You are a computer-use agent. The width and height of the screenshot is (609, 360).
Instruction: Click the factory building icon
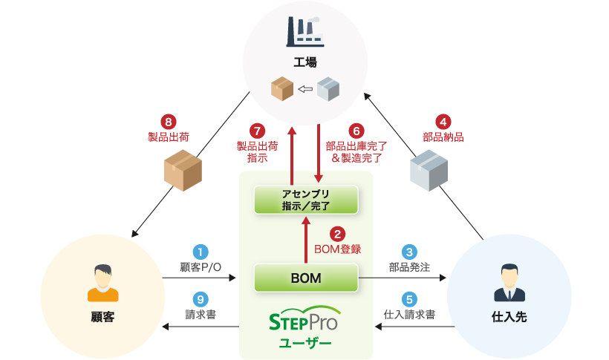pos(305,32)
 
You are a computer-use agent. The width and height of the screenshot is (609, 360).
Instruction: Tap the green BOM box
pos(306,278)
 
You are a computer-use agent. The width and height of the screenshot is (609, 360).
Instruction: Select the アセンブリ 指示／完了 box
pos(306,200)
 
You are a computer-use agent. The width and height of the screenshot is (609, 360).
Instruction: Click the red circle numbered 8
pos(168,122)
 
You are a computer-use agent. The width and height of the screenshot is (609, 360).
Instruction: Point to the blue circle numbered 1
pos(201,252)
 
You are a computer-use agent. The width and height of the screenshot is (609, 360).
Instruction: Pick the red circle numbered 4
pos(443,122)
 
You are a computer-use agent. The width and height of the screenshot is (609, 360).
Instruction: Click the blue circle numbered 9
pos(201,299)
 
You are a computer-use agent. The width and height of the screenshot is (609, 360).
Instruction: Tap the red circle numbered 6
pos(356,131)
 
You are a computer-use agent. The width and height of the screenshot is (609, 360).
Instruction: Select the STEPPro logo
pos(305,319)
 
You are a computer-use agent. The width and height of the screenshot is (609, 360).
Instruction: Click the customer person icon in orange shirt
pos(103,283)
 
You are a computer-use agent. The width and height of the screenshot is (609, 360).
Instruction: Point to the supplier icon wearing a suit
pos(509,283)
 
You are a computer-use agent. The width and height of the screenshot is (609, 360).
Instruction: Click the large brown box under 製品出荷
pos(183,170)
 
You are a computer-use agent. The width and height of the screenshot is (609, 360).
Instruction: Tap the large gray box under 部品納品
pos(429,170)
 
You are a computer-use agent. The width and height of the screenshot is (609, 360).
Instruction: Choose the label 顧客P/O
pos(201,267)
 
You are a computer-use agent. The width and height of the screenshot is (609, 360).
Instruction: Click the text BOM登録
pos(337,249)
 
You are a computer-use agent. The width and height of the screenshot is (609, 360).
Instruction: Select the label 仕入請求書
pos(409,314)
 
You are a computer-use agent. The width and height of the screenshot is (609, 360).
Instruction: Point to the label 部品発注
pos(409,267)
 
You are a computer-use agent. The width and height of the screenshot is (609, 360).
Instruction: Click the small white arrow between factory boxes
pos(305,89)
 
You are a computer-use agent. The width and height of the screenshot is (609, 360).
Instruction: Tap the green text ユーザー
pos(305,343)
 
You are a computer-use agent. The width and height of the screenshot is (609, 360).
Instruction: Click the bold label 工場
pos(305,62)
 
